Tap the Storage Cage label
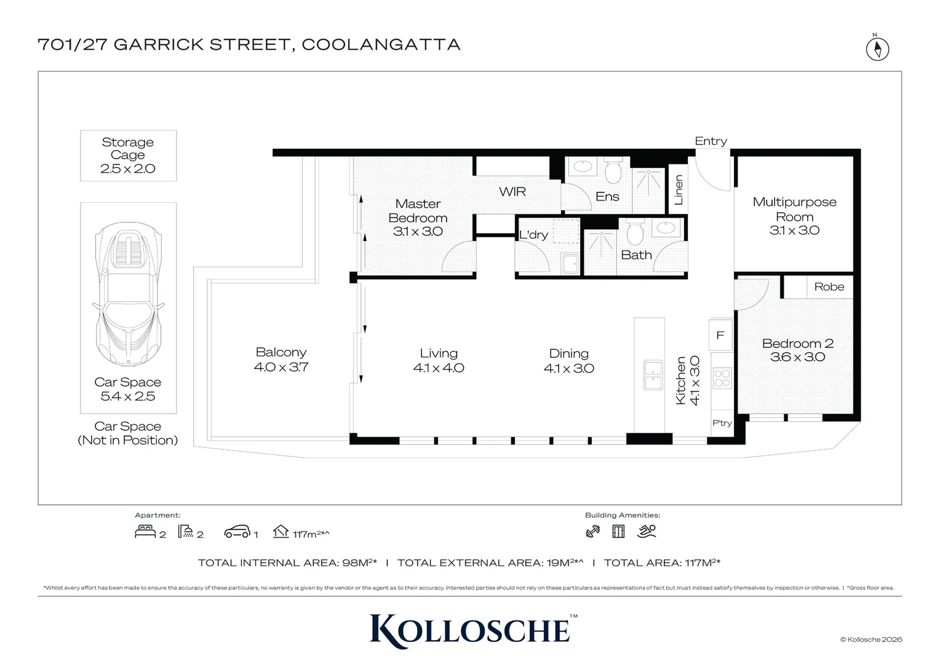coord(127,149)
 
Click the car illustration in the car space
coord(129,294)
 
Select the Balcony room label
coord(281,352)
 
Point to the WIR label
coord(512,192)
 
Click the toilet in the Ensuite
coord(613,170)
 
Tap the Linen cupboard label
coord(679,189)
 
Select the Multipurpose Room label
coord(794,209)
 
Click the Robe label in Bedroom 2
coord(829,287)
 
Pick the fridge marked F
coord(720,335)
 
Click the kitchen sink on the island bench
coord(653,375)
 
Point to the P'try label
coord(722,423)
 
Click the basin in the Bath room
coord(666,228)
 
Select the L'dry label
coord(533,234)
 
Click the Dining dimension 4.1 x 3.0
coord(568,368)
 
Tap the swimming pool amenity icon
coord(646,531)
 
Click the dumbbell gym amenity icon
coord(592,531)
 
